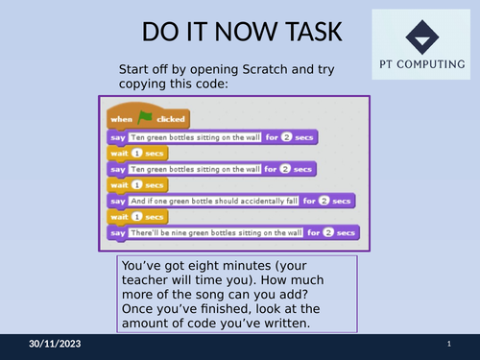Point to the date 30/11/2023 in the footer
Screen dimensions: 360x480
point(56,344)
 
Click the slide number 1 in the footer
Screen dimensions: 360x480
point(449,344)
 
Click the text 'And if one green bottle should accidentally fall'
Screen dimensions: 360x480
point(214,201)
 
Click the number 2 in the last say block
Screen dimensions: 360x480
point(326,232)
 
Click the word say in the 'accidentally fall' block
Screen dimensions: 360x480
point(117,201)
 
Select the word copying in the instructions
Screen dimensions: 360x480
point(143,84)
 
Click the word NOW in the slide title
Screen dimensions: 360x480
point(236,33)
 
